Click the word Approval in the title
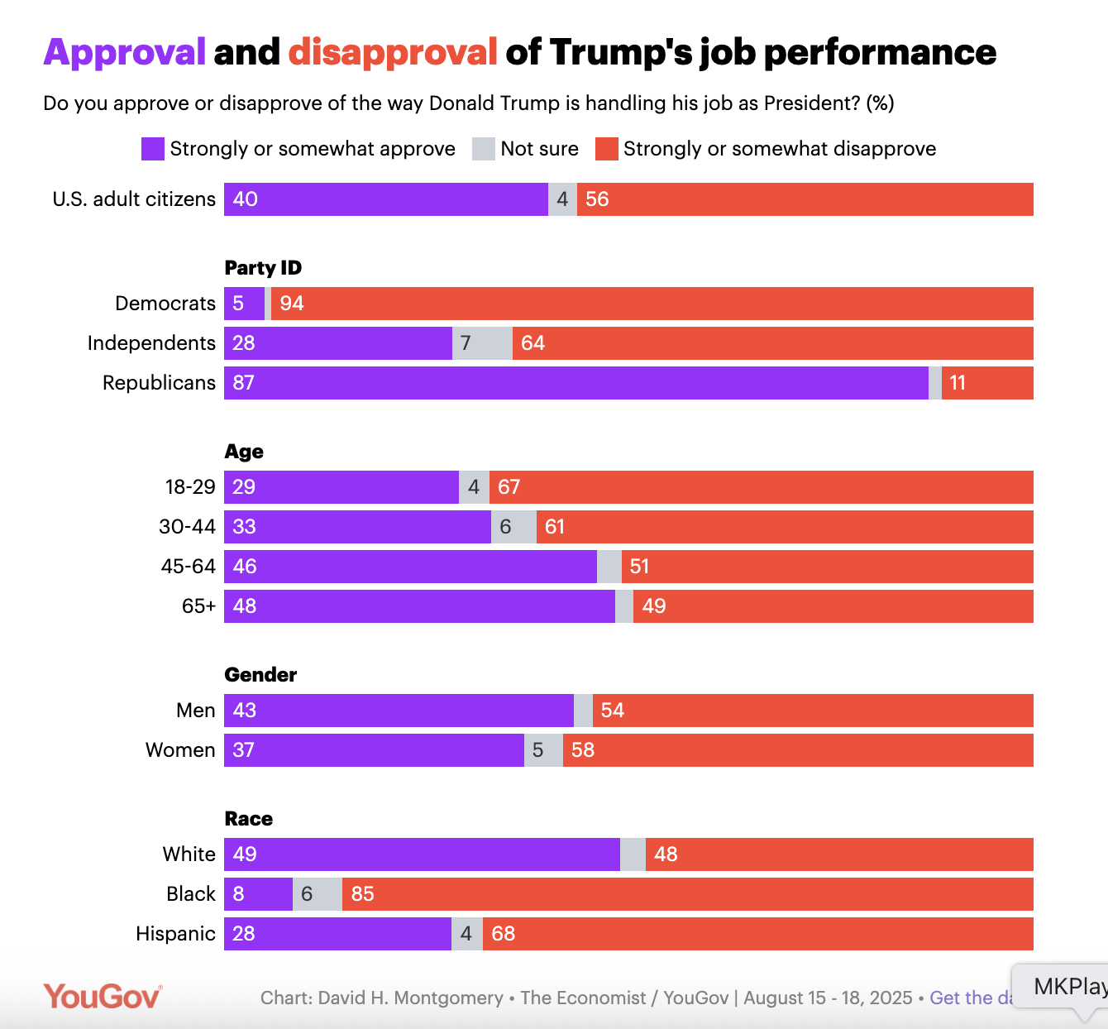[124, 52]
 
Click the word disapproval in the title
[393, 52]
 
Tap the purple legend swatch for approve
[153, 149]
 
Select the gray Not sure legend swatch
[483, 149]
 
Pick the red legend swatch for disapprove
[607, 149]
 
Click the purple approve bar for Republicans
[575, 383]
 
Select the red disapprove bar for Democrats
[652, 304]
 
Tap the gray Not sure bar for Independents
[482, 343]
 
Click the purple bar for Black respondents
[258, 894]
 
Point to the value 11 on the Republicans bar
[958, 383]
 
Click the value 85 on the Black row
[362, 894]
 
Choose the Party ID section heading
[263, 268]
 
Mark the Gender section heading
[260, 675]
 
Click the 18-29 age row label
[190, 487]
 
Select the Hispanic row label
[175, 934]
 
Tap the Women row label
[180, 750]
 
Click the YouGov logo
[103, 997]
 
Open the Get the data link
[971, 998]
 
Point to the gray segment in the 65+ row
[624, 606]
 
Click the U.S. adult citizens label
[134, 199]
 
